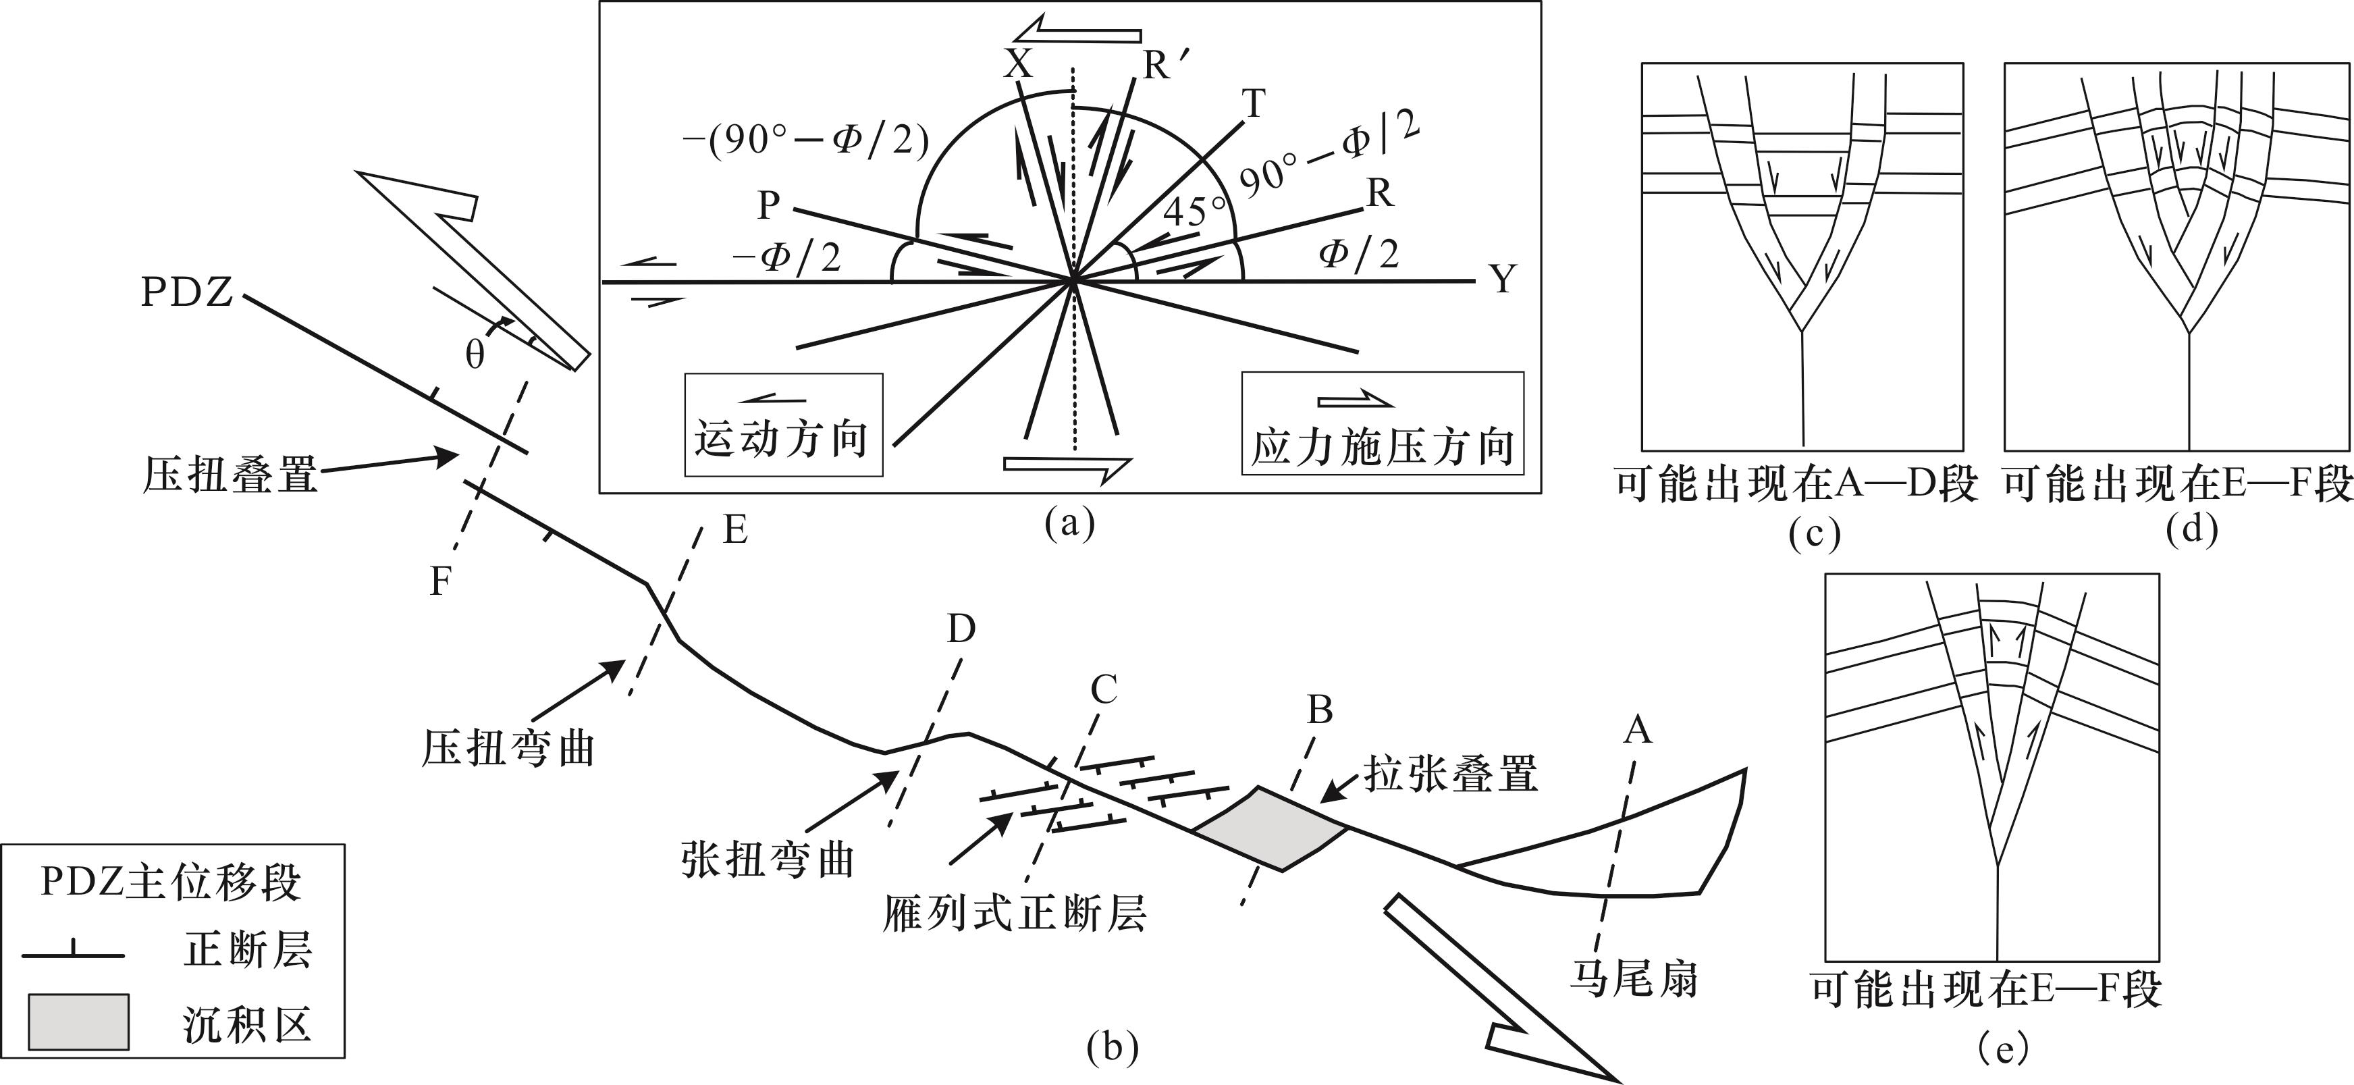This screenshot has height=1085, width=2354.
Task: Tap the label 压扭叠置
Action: [230, 476]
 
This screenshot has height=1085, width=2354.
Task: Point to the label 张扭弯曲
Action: [768, 859]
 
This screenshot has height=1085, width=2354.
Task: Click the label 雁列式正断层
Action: [1015, 912]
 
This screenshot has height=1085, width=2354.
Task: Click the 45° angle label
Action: [1194, 212]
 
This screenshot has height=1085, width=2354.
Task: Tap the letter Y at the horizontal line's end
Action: [1503, 279]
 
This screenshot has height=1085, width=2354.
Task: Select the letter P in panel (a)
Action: [768, 207]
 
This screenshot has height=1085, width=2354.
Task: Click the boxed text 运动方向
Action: [781, 439]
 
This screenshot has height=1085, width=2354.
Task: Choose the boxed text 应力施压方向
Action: [1382, 447]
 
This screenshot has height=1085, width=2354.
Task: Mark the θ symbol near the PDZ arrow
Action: [475, 354]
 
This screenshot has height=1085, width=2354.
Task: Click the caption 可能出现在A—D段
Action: [1796, 485]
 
